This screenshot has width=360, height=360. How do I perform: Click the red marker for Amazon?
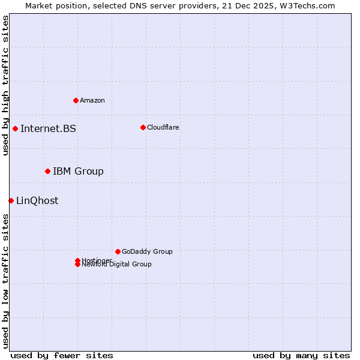76,100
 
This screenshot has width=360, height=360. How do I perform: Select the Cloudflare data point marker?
143,127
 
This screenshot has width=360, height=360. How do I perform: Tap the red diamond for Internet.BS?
15,128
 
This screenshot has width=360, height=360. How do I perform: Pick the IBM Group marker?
47,172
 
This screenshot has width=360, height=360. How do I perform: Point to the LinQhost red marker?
11,200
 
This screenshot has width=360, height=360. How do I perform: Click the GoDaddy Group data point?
118,251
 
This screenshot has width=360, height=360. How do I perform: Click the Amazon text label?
92,100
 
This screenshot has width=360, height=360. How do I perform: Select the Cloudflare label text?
163,127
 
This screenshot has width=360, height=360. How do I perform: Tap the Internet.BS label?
48,128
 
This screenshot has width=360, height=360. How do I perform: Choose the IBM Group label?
78,172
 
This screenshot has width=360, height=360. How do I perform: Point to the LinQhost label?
37,200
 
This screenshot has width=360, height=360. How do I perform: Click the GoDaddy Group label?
147,251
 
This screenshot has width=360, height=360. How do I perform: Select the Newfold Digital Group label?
117,265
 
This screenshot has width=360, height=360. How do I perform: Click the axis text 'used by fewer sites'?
62,355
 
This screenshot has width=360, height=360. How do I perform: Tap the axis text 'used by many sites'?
301,355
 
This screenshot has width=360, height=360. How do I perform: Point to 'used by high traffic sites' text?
6,85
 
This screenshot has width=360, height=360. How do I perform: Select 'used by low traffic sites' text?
6,280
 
